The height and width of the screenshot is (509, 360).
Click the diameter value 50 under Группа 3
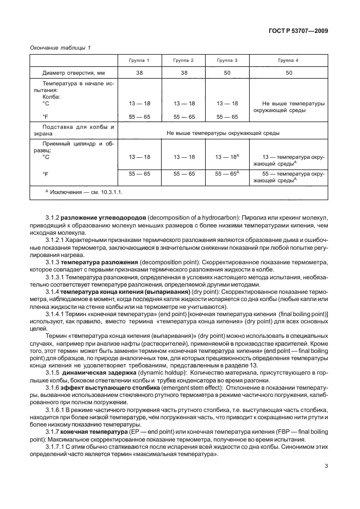226,73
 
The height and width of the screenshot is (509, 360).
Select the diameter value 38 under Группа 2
183,73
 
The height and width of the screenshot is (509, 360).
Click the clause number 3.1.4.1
56,314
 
